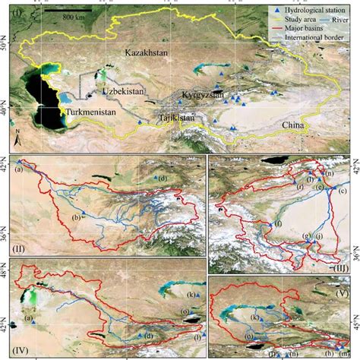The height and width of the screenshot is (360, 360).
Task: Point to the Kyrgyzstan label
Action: pos(204,95)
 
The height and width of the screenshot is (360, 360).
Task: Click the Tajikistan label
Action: pos(176,118)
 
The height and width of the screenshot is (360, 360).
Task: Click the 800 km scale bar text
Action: pos(73,17)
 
